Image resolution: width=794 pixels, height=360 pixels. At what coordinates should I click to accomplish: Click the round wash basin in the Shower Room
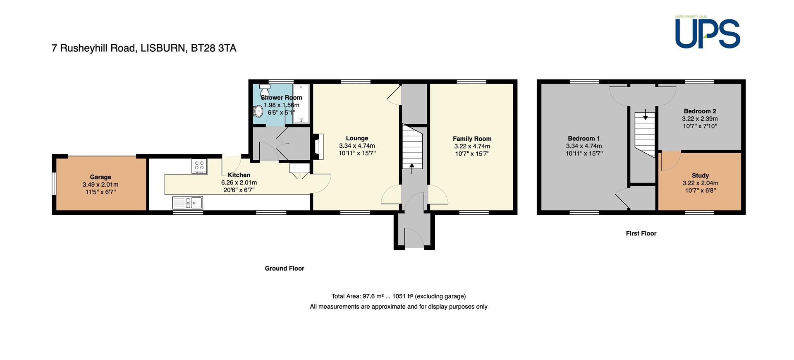click(x=258, y=111)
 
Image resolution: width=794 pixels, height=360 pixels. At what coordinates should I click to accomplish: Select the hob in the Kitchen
click(x=199, y=166)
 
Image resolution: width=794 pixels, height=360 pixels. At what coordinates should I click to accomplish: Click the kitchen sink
click(x=188, y=203)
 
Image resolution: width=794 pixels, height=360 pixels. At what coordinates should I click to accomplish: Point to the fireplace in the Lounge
click(x=318, y=146)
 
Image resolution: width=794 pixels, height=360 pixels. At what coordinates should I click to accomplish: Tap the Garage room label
click(x=100, y=177)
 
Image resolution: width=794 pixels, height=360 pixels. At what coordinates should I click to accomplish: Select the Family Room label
click(x=472, y=139)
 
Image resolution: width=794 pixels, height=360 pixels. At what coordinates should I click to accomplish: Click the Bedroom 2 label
click(x=700, y=111)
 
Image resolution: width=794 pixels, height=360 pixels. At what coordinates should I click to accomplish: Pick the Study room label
click(x=700, y=175)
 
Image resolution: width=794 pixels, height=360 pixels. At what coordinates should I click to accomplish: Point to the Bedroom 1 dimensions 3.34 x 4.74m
click(x=584, y=146)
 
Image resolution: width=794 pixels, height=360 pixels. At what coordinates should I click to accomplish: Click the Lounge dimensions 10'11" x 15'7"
click(x=357, y=153)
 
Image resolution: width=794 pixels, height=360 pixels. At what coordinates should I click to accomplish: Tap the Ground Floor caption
click(x=285, y=268)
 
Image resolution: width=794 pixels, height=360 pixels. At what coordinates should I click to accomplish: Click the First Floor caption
click(x=641, y=233)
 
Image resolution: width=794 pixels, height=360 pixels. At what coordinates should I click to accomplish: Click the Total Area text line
click(x=399, y=296)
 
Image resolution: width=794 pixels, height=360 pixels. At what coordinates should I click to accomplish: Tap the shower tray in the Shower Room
click(x=301, y=104)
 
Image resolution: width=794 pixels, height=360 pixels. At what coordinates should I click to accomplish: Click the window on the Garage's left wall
click(x=54, y=183)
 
